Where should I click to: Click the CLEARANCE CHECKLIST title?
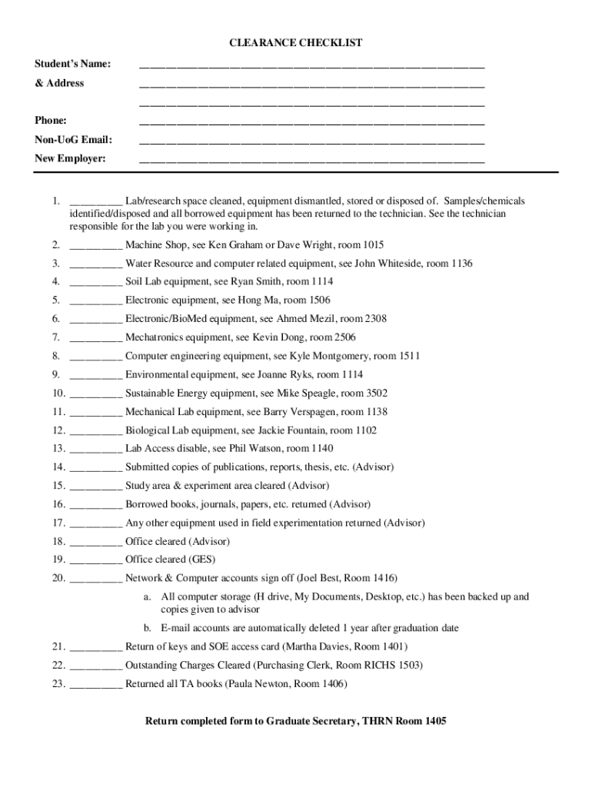(x=296, y=44)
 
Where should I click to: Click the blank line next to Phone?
(x=311, y=122)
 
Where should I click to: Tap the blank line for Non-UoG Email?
(x=311, y=141)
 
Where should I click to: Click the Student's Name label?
(x=73, y=64)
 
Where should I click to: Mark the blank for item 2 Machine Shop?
(x=95, y=247)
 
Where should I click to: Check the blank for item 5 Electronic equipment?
(x=95, y=302)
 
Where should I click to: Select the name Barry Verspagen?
(x=294, y=412)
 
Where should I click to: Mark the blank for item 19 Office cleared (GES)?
(x=95, y=561)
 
